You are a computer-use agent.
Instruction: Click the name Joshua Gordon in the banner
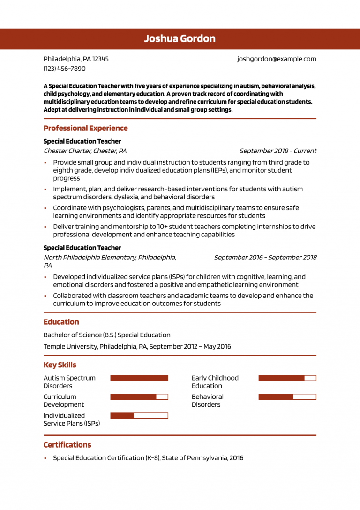point(180,38)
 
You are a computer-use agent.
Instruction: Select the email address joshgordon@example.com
point(276,59)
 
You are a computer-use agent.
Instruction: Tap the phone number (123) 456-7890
point(65,69)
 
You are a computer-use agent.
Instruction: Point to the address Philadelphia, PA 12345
point(76,59)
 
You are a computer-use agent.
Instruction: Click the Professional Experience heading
point(85,129)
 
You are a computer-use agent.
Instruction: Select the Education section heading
point(61,322)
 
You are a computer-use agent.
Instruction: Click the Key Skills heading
point(60,365)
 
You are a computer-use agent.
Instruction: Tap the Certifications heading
point(67,445)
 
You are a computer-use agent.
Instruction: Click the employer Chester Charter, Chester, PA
point(85,151)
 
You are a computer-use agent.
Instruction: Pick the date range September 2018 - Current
point(277,151)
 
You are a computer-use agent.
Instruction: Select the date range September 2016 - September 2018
point(265,258)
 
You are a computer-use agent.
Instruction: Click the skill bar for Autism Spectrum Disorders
point(139,378)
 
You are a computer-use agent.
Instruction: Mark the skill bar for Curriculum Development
point(139,397)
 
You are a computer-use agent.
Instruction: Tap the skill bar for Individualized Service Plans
point(139,416)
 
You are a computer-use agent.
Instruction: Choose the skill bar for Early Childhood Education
point(287,378)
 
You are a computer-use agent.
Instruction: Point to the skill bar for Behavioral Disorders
point(287,397)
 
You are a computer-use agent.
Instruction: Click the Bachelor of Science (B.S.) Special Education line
point(107,335)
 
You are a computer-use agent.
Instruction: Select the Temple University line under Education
point(137,347)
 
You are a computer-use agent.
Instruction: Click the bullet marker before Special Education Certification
point(45,458)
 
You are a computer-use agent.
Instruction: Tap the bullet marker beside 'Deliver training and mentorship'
point(45,227)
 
